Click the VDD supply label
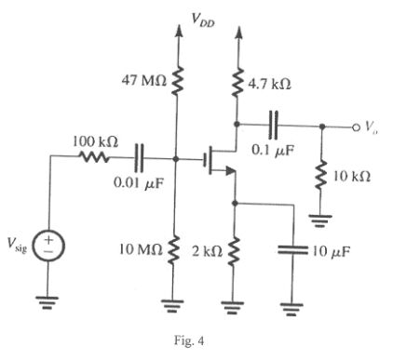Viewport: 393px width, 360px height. [x=203, y=20]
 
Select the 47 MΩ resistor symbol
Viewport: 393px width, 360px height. [x=177, y=81]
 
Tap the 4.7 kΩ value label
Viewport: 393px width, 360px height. [x=269, y=84]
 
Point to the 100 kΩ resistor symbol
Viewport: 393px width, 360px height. [x=94, y=157]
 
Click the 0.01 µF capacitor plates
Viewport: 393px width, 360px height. [x=139, y=158]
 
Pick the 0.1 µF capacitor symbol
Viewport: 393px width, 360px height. [x=274, y=125]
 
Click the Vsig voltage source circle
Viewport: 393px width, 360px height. [x=48, y=246]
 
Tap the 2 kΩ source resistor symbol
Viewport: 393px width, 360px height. [x=234, y=251]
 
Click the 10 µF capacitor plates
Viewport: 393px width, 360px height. [x=292, y=250]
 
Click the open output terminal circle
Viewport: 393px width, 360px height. [x=356, y=127]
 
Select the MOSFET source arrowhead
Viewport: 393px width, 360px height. [x=230, y=170]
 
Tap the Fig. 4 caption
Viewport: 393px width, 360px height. [x=189, y=341]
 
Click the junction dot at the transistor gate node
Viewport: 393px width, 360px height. [x=176, y=159]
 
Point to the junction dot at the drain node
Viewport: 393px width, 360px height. [x=237, y=124]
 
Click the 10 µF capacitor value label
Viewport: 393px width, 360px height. [x=331, y=251]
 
